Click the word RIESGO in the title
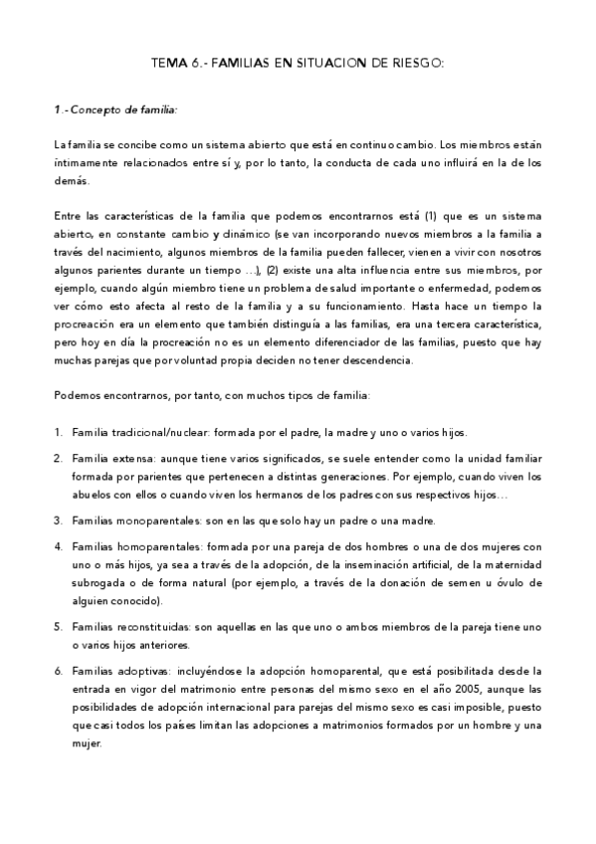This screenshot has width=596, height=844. [416, 62]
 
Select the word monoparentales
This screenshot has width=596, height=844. [162, 521]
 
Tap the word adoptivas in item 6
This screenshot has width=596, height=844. [144, 672]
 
